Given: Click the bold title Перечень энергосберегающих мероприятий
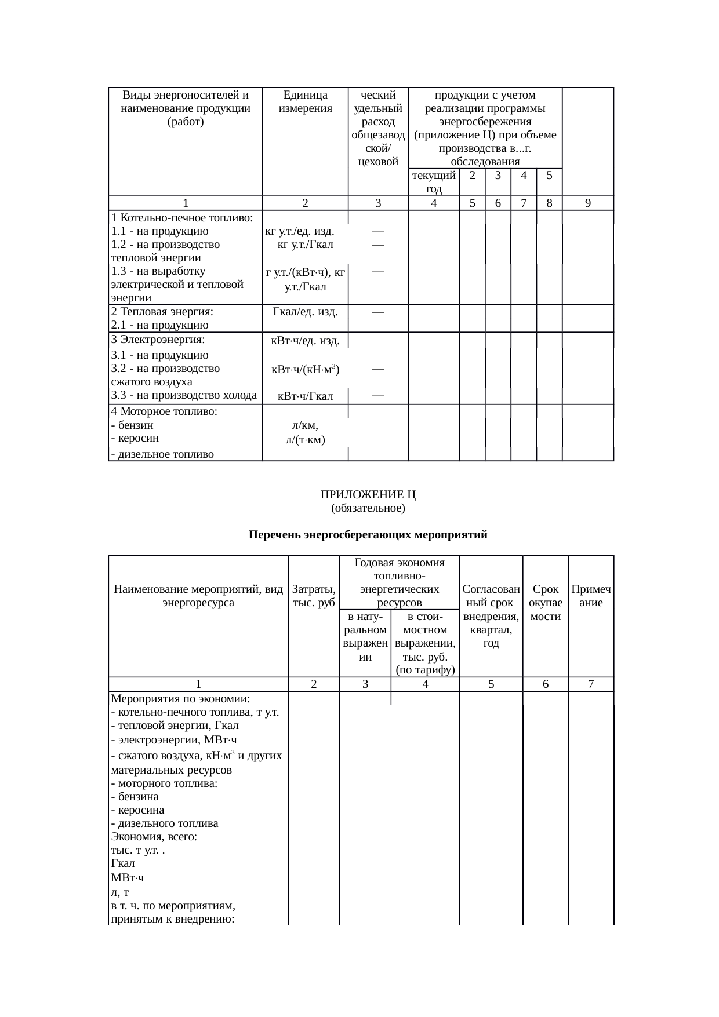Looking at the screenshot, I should click(x=368, y=535).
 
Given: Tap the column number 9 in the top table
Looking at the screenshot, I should click(x=587, y=203).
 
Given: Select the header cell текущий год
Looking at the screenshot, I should click(x=433, y=181).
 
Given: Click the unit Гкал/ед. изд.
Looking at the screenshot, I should click(x=305, y=312).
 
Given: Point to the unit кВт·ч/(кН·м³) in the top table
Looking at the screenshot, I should click(x=305, y=369).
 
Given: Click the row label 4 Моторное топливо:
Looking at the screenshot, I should click(x=164, y=411).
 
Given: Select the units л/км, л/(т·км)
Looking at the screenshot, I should click(x=305, y=433).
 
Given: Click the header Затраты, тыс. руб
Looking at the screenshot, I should click(x=314, y=596).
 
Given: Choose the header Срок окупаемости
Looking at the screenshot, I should click(x=545, y=603).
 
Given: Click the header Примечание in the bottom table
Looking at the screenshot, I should click(x=591, y=596).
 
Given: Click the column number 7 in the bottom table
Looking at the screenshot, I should click(x=590, y=684).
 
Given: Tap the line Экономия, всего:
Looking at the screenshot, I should click(x=154, y=837).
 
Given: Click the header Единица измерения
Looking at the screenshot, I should click(x=305, y=101).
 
